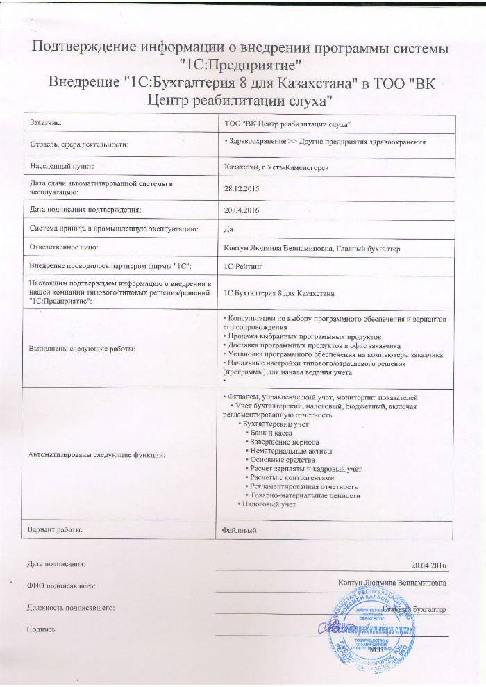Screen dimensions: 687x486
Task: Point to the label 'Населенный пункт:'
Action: [61, 167]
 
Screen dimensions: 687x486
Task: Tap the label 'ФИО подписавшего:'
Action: [60, 587]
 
